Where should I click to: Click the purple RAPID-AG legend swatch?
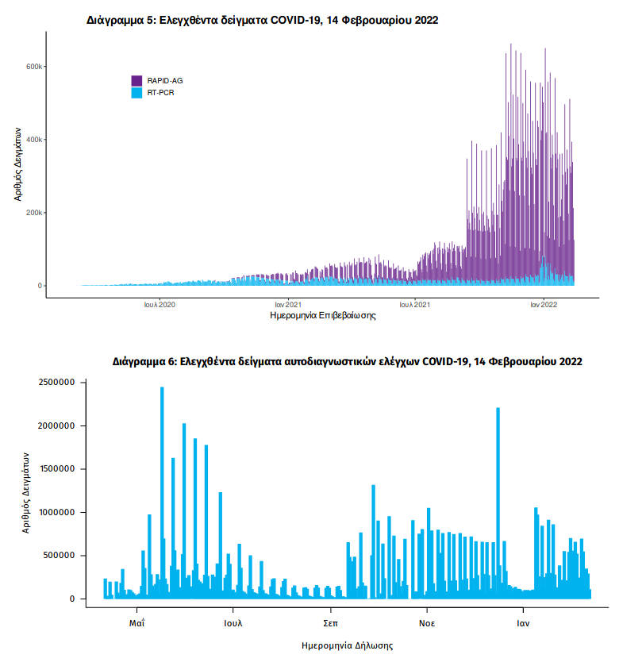click(136, 80)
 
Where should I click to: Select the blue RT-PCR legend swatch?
click(136, 93)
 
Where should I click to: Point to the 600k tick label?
click(33, 67)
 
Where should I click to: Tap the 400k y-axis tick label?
click(33, 140)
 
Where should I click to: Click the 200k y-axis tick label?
click(33, 213)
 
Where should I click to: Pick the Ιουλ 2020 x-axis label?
click(159, 304)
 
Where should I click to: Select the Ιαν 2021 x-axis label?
click(287, 304)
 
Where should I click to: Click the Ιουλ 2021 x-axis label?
click(414, 304)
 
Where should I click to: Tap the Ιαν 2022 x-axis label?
click(543, 304)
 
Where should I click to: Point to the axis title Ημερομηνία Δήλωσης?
click(348, 645)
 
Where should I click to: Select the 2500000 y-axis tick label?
click(56, 383)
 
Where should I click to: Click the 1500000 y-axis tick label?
click(56, 469)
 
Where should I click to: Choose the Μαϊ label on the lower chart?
click(137, 623)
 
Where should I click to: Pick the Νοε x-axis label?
click(427, 623)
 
